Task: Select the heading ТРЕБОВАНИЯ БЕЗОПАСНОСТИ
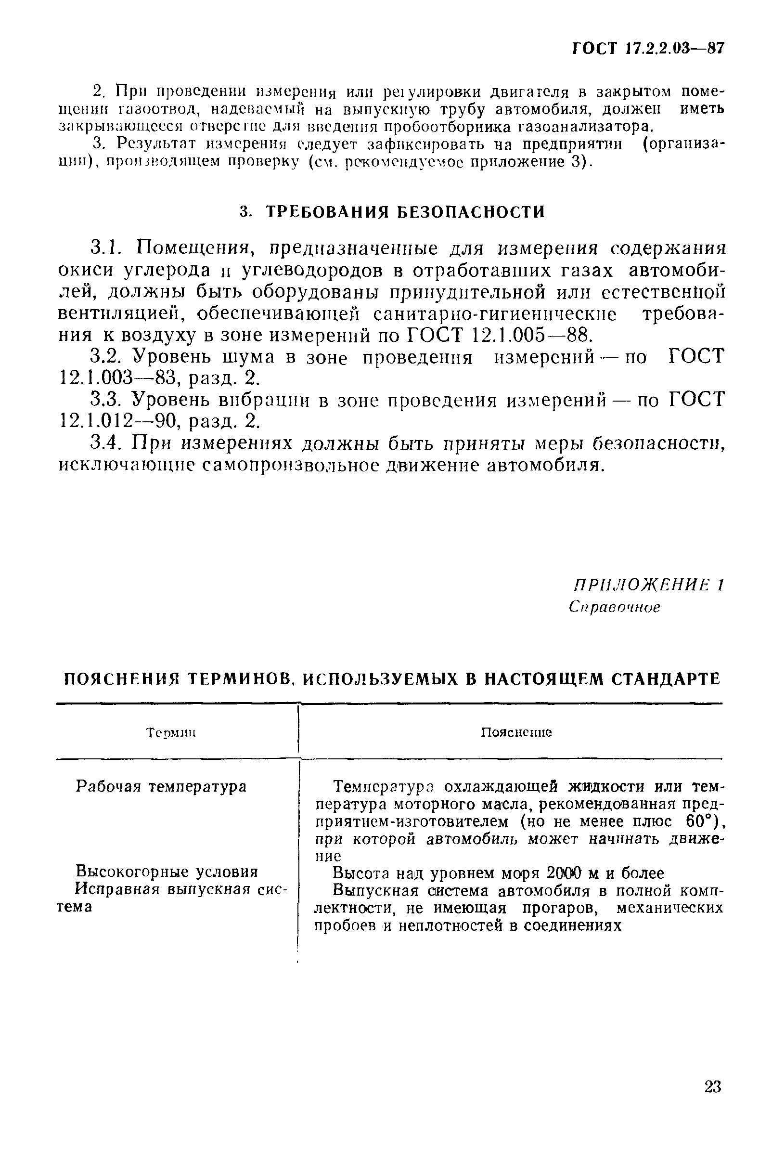click(405, 212)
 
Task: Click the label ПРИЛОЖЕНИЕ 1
click(648, 585)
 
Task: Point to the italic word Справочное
click(614, 607)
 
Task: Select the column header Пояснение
click(516, 732)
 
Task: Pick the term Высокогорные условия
click(167, 872)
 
